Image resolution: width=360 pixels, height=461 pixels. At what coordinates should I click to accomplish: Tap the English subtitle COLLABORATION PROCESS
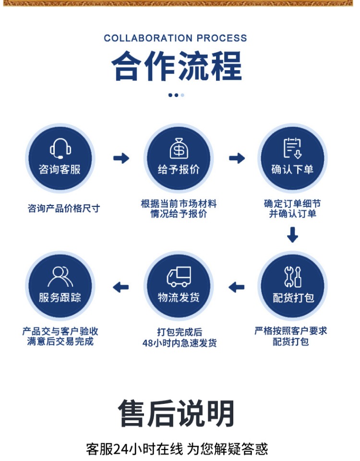tap(175, 38)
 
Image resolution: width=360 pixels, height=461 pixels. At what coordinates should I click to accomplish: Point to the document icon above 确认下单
tap(292, 148)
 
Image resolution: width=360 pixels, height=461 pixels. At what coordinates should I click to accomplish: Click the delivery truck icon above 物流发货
tap(179, 277)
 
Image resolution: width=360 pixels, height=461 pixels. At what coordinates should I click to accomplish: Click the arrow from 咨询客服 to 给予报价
tap(121, 158)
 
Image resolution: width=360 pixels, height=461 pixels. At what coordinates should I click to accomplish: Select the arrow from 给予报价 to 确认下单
tap(237, 158)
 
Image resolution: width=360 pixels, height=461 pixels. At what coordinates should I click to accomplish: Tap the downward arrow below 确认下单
tap(292, 234)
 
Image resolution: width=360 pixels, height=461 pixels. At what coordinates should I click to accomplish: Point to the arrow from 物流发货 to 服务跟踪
tap(121, 287)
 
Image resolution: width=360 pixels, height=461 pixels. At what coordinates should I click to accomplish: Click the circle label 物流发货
tap(179, 298)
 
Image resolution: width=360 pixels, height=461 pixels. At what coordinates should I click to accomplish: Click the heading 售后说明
tap(176, 413)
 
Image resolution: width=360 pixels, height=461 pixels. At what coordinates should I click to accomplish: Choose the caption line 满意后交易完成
tap(60, 342)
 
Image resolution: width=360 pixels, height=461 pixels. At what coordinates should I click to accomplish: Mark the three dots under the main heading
tap(176, 95)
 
